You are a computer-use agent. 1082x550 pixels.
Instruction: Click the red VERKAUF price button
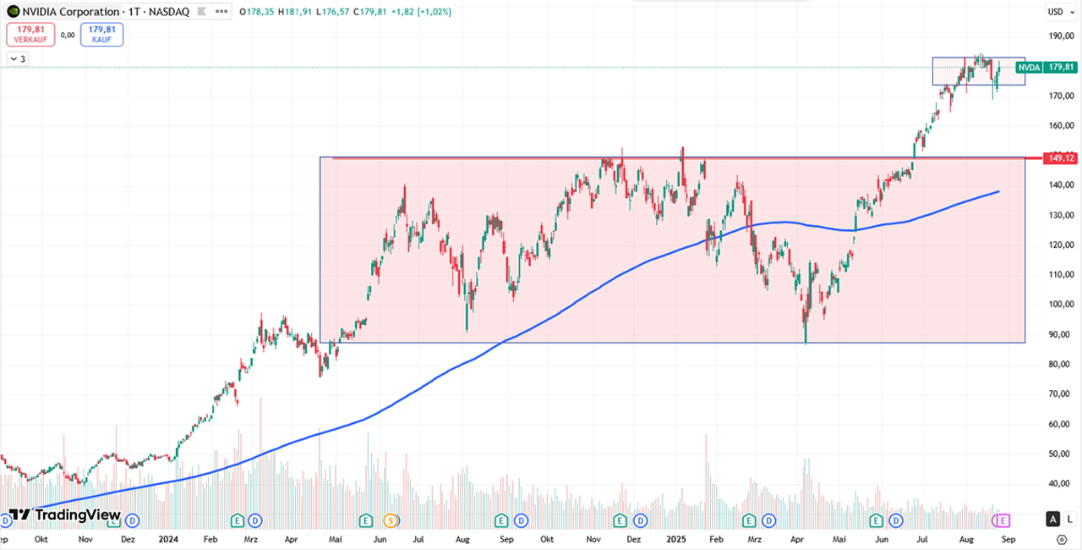(x=30, y=35)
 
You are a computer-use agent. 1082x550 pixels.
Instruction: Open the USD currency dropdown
(x=1056, y=12)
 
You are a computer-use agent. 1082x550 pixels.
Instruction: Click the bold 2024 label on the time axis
(x=168, y=538)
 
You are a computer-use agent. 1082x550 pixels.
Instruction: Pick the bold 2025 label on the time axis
(x=676, y=538)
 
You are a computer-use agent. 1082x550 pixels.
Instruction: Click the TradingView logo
(x=64, y=515)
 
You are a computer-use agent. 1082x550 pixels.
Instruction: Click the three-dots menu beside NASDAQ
(x=221, y=12)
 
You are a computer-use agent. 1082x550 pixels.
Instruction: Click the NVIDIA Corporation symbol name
(x=71, y=12)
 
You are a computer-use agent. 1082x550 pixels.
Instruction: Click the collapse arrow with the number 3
(x=18, y=58)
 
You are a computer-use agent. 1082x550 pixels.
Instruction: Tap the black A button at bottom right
(x=1053, y=519)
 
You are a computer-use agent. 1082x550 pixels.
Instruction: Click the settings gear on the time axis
(x=1062, y=538)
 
